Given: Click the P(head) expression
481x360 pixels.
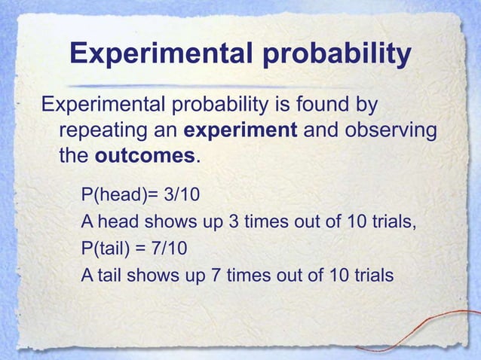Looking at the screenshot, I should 113,197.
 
